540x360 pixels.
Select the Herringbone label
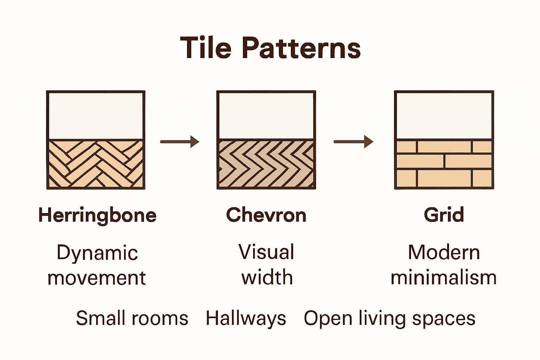(97, 215)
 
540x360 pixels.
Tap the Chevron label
(266, 215)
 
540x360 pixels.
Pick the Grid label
(444, 215)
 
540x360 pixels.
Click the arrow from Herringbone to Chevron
(180, 142)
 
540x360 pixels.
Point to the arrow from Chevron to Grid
(353, 142)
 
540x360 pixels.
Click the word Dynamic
(97, 253)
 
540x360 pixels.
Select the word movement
(96, 278)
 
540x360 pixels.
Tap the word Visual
(266, 252)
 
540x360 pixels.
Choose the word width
(267, 277)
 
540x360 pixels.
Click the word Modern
(444, 252)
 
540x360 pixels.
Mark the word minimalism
(444, 277)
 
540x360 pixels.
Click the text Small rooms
(132, 318)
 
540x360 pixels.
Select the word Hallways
(246, 319)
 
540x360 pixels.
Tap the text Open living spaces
(390, 319)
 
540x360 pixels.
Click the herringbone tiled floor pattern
(96, 164)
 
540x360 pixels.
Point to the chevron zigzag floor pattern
(266, 164)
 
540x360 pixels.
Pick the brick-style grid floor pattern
(444, 164)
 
